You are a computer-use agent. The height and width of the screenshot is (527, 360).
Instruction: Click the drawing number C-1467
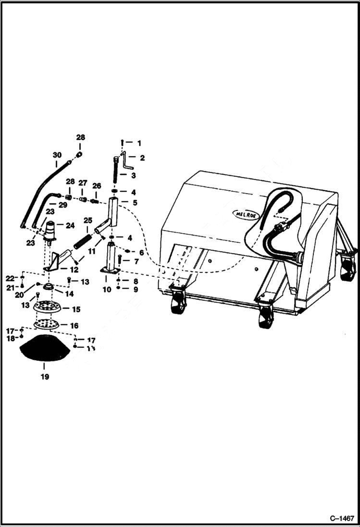click(341, 518)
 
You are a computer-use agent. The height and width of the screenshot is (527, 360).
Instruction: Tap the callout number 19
click(45, 377)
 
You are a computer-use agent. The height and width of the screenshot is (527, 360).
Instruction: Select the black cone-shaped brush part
click(45, 349)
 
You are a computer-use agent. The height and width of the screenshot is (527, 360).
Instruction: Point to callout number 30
click(57, 155)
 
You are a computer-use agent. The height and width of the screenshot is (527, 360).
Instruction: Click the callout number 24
click(70, 225)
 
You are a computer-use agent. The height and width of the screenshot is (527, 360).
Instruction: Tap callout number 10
click(107, 289)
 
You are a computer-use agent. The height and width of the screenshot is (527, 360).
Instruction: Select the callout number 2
click(142, 158)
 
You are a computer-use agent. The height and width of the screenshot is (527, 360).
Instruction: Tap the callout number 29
click(62, 205)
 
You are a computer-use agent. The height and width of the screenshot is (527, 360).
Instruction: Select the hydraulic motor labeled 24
click(50, 230)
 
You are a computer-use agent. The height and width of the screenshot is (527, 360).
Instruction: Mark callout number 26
click(97, 185)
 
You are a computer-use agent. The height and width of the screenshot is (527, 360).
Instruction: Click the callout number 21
click(10, 287)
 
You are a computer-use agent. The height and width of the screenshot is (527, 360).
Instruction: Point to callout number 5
click(135, 202)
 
